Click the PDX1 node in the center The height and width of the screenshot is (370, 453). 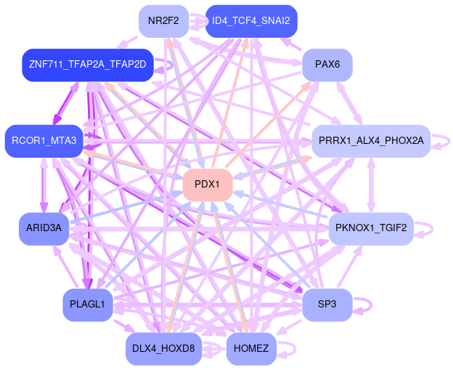[x=207, y=185]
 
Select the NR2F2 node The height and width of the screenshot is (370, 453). [x=163, y=20]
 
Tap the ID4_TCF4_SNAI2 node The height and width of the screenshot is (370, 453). [x=251, y=20]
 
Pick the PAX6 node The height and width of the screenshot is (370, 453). [x=327, y=65]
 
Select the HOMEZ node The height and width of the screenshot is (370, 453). [x=251, y=349]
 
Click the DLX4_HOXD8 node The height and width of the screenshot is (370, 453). [x=163, y=349]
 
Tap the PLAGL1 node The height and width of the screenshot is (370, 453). [x=88, y=305]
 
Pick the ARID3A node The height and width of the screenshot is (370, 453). [x=44, y=229]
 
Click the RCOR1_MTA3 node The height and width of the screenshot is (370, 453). [x=44, y=140]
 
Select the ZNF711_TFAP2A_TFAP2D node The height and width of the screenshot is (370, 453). [x=88, y=65]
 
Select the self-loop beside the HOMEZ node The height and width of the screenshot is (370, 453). [x=288, y=349]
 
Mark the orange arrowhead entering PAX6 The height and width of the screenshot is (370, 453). [x=311, y=82]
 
